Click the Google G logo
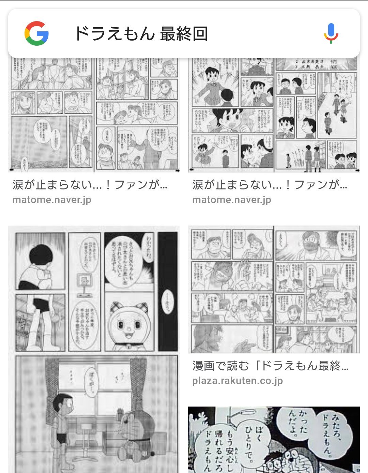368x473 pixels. click(36, 33)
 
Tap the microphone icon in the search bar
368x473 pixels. click(331, 33)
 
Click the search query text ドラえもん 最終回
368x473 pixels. click(141, 34)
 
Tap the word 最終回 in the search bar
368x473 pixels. click(184, 34)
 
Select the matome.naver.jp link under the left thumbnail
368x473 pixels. click(52, 200)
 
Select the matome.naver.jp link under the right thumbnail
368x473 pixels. click(232, 200)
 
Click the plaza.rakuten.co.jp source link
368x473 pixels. click(237, 381)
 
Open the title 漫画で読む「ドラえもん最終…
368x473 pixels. click(270, 366)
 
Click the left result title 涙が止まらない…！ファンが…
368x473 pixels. click(90, 185)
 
